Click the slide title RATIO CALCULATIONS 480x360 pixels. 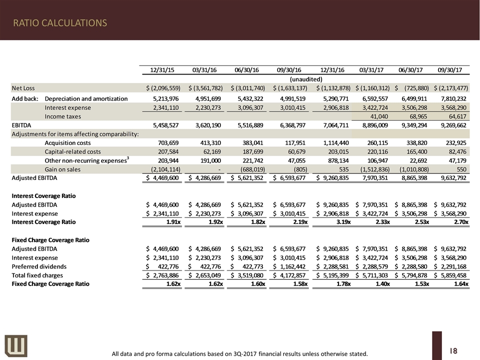pyautogui.click(x=59, y=23)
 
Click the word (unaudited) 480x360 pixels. pyautogui.click(x=305, y=79)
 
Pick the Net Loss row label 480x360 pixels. pyautogui.click(x=23, y=88)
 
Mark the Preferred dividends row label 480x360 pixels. pyautogui.click(x=39, y=266)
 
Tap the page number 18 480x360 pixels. pyautogui.click(x=453, y=351)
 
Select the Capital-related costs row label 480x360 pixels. pyautogui.click(x=72, y=151)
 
